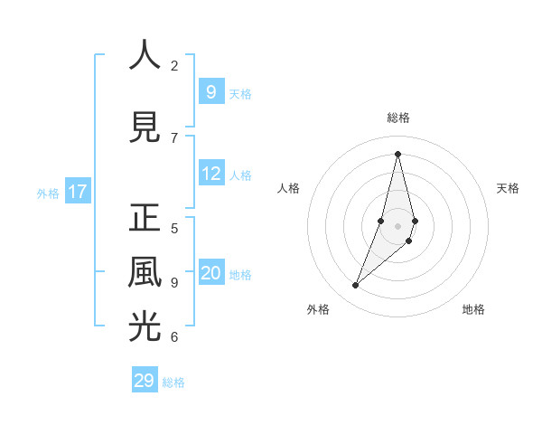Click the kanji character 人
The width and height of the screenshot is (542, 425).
(145, 55)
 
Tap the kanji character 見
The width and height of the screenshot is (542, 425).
(145, 127)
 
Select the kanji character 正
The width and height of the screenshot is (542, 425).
(145, 218)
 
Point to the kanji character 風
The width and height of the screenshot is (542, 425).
(145, 272)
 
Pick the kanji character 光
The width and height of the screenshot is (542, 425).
(145, 326)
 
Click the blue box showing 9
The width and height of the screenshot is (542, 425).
(210, 91)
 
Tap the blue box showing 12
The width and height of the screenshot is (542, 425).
(210, 174)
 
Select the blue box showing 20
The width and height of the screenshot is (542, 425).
(210, 273)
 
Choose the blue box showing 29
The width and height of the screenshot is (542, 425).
(144, 380)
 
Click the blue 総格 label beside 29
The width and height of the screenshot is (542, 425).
(173, 382)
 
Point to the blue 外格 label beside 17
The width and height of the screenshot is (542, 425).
(47, 193)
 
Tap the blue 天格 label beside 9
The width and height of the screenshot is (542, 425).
(240, 93)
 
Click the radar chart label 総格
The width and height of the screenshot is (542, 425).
(397, 118)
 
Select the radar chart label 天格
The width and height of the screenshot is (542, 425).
(508, 188)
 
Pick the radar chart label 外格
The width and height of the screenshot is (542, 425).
(317, 309)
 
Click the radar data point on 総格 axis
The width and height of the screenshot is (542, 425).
(397, 154)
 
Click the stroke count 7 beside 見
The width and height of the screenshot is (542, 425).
(174, 137)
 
